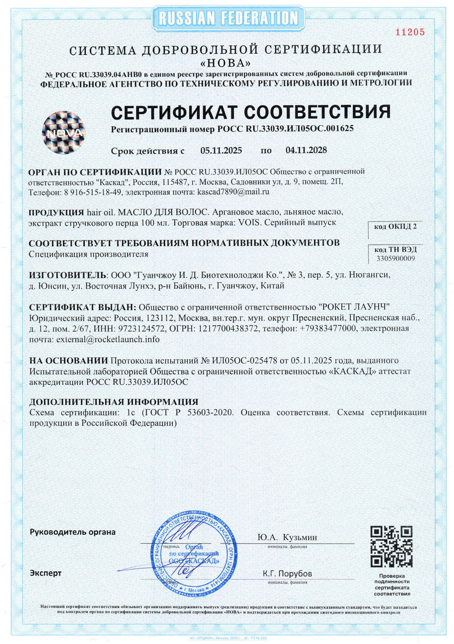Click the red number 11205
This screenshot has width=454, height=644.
point(409,32)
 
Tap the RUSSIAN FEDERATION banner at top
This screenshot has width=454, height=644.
point(228,18)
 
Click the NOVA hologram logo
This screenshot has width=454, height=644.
point(63,133)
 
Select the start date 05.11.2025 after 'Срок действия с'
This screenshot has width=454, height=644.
point(221,151)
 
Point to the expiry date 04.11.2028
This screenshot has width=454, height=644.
point(306,150)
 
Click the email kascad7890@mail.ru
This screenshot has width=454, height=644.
point(233,192)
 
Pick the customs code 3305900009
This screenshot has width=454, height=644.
point(395,258)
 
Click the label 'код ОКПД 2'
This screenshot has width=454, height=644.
point(395,226)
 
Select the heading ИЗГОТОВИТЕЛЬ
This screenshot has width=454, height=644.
point(68,275)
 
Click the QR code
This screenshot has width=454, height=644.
point(391,547)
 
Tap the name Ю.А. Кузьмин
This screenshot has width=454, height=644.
point(287,538)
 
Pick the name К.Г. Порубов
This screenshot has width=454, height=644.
point(287,573)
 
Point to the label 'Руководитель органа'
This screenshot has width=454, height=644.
point(72,532)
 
